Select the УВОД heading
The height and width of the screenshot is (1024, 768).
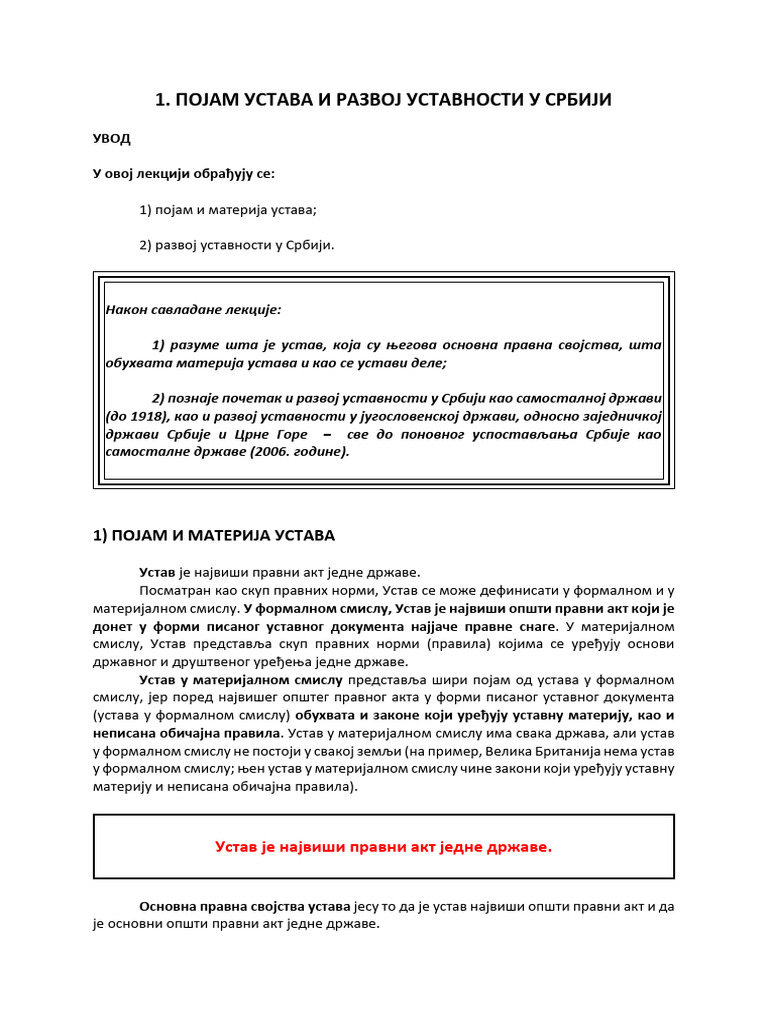click(x=111, y=138)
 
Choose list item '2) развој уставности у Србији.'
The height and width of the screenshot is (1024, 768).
click(x=237, y=244)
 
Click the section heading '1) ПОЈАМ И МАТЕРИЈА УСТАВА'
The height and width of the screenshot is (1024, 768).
click(x=214, y=535)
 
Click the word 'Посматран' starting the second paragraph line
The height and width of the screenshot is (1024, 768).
click(x=172, y=590)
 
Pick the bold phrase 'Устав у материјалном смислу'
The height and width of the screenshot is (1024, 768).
click(x=241, y=680)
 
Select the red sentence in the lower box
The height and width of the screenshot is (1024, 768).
click(x=383, y=847)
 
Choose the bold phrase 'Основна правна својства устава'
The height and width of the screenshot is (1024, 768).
click(x=244, y=906)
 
